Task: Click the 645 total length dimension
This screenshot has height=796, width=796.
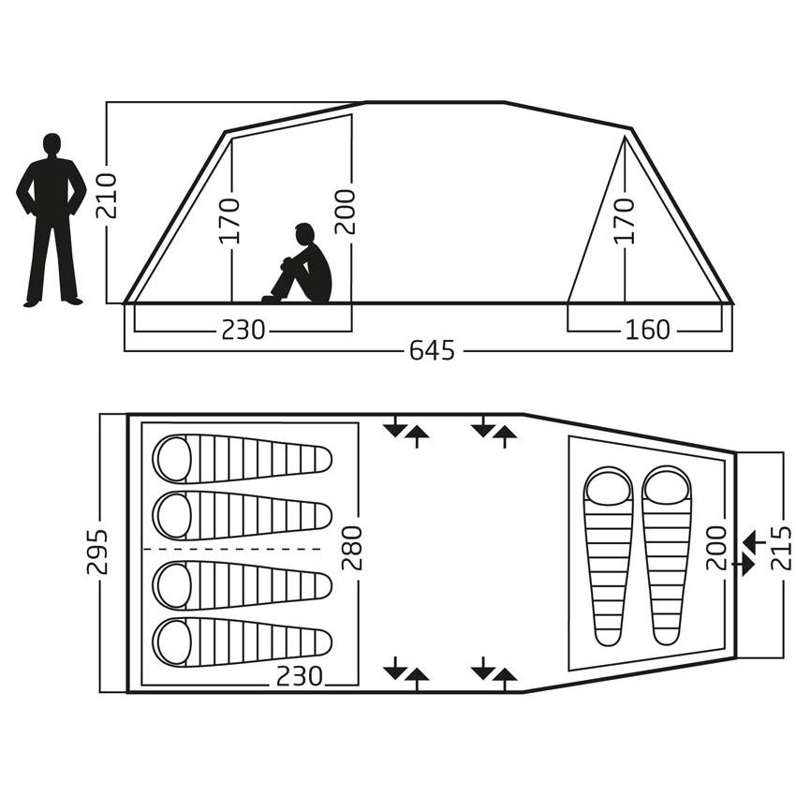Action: click(x=432, y=350)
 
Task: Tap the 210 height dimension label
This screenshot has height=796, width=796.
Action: click(x=107, y=196)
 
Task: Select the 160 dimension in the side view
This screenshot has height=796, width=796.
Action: click(x=648, y=330)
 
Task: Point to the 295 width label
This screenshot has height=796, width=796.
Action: click(x=97, y=552)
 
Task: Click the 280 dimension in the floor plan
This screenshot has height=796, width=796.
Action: click(x=352, y=548)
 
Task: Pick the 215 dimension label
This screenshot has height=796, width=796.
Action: click(x=781, y=548)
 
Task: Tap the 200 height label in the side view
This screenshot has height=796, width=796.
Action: click(x=346, y=212)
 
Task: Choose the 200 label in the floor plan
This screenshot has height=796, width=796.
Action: click(x=716, y=548)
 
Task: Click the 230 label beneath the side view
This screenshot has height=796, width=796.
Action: click(x=243, y=330)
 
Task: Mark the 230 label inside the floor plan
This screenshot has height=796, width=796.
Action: click(x=300, y=676)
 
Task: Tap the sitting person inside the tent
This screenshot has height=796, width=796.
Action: click(x=300, y=264)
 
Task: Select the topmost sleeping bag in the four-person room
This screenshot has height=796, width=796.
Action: click(x=243, y=459)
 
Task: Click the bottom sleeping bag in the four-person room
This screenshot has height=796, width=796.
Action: click(x=243, y=642)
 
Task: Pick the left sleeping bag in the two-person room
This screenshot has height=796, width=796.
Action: click(x=609, y=556)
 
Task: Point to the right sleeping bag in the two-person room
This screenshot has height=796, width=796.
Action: click(x=667, y=555)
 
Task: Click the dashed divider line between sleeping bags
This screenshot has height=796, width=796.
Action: click(x=232, y=550)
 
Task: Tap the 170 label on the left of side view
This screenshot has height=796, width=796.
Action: click(x=228, y=221)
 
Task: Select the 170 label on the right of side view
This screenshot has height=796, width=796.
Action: click(x=625, y=221)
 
